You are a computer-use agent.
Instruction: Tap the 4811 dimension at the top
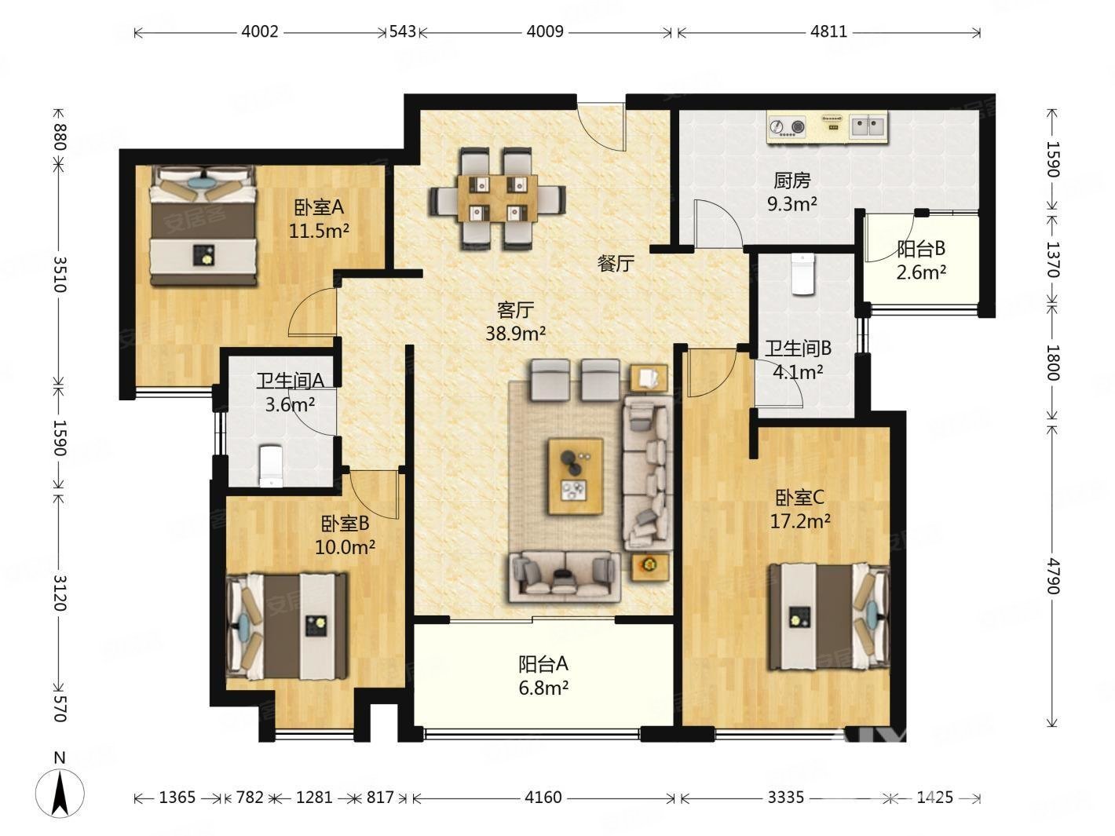[x=828, y=32]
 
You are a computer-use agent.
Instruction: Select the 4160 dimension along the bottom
[x=543, y=798]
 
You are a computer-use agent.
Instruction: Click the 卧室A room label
[x=320, y=207]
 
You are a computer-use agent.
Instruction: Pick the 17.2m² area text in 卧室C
[x=800, y=520]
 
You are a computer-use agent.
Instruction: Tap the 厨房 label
[x=791, y=181]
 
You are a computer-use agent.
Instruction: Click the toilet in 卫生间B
[x=802, y=274]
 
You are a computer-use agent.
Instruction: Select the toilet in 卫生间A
[x=270, y=466]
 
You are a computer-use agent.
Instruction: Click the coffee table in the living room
[x=576, y=476]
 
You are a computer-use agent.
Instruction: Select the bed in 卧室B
[x=287, y=625]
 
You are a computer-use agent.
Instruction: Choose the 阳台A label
[x=543, y=664]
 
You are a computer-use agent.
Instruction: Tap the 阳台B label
[x=920, y=249]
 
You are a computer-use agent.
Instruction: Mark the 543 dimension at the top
[x=402, y=32]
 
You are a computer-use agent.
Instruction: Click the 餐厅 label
[x=616, y=264]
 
